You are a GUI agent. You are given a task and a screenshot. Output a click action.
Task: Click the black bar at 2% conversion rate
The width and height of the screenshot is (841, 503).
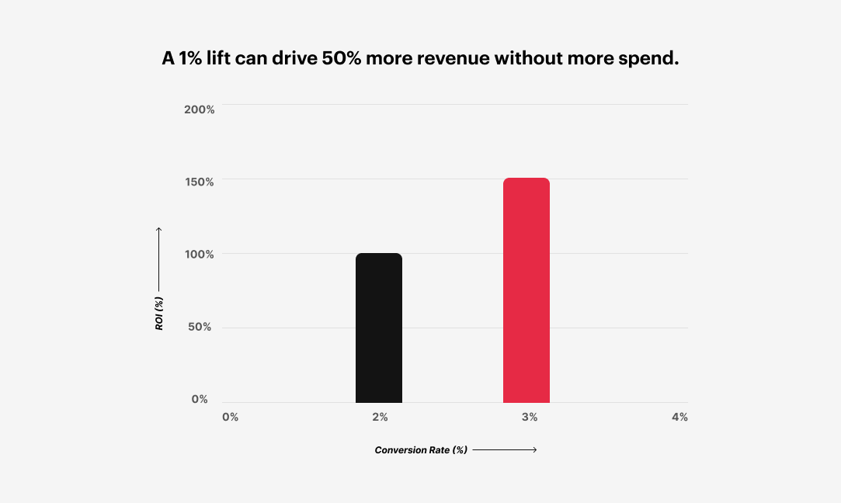[379, 328]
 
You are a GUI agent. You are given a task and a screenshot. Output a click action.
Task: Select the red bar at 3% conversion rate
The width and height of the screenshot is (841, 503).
[526, 290]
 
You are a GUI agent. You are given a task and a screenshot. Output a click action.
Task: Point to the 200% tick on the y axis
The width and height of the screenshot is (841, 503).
[199, 109]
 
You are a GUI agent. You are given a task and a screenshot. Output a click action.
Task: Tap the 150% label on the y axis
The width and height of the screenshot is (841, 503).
[199, 182]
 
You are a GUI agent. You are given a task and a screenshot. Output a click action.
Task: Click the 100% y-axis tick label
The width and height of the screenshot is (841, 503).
[199, 254]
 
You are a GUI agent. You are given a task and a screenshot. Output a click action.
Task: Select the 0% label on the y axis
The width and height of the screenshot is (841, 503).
[200, 399]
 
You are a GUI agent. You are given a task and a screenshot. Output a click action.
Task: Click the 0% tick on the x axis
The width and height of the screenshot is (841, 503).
[230, 417]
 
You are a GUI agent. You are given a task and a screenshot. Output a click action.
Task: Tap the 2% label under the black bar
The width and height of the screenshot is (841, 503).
[380, 417]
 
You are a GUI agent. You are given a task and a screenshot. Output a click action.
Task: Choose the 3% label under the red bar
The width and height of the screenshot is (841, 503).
[530, 417]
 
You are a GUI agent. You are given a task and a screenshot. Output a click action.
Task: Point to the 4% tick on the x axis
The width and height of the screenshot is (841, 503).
[679, 417]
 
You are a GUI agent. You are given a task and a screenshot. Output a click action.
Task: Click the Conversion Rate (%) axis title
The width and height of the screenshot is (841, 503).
[421, 450]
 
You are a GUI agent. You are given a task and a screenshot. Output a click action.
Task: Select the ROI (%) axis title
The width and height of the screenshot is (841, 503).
[159, 314]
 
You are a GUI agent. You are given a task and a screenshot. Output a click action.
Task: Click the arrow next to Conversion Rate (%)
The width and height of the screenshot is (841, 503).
[505, 450]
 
